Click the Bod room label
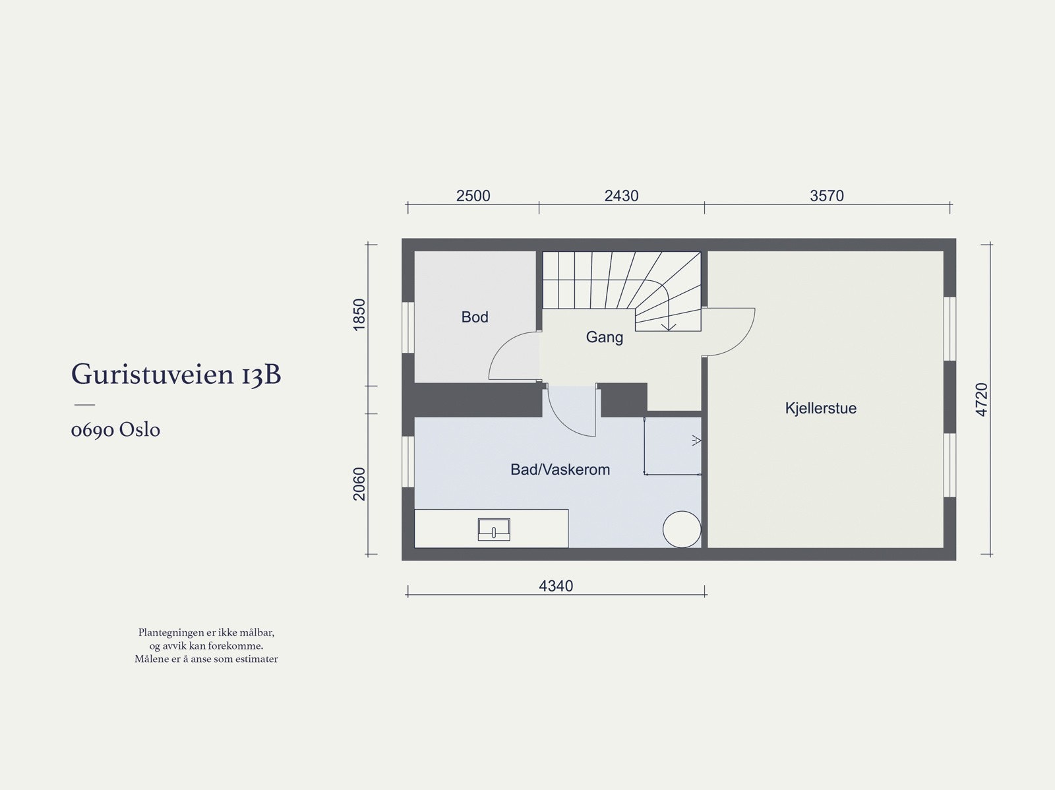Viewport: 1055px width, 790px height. tap(475, 317)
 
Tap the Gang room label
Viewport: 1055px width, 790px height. tap(604, 338)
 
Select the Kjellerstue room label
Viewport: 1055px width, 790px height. tap(820, 408)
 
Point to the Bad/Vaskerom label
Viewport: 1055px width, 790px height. tap(560, 470)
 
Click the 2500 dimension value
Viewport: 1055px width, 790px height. tap(473, 196)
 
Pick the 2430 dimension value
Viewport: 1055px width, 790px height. tap(621, 196)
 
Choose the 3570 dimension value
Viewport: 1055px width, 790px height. tap(826, 196)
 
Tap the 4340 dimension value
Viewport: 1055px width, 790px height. tap(556, 586)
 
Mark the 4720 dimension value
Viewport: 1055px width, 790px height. tap(982, 399)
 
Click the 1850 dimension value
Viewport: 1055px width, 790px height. tap(359, 315)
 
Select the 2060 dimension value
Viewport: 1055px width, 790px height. tap(359, 483)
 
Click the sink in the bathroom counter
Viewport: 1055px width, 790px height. tap(494, 530)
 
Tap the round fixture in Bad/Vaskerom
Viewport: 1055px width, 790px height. tap(681, 529)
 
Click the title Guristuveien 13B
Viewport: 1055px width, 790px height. tap(176, 375)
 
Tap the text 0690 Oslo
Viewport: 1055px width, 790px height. tap(115, 430)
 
